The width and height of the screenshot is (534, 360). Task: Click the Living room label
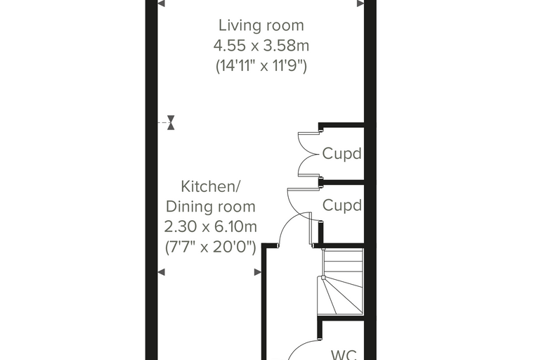(261, 25)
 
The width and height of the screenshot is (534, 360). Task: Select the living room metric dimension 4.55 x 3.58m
(261, 45)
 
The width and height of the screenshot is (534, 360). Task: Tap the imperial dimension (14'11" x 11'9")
(261, 65)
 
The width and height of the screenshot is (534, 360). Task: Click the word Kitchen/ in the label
(211, 186)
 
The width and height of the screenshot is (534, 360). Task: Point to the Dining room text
(211, 207)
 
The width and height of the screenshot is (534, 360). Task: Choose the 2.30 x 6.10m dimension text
(211, 226)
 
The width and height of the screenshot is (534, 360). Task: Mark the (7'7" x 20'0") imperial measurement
(211, 247)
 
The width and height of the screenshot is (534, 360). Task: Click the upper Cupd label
(341, 154)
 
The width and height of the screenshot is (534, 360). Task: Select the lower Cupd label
(341, 205)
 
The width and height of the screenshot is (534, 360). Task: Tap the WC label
(344, 355)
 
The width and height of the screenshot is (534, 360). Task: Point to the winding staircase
(341, 281)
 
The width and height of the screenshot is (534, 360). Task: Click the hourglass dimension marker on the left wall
(171, 122)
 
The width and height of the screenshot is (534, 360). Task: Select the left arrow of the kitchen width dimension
(161, 272)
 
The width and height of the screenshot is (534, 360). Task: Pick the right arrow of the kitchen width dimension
(258, 272)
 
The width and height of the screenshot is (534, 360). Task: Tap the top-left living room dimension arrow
(161, 4)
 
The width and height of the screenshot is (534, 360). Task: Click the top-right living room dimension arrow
(360, 4)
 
